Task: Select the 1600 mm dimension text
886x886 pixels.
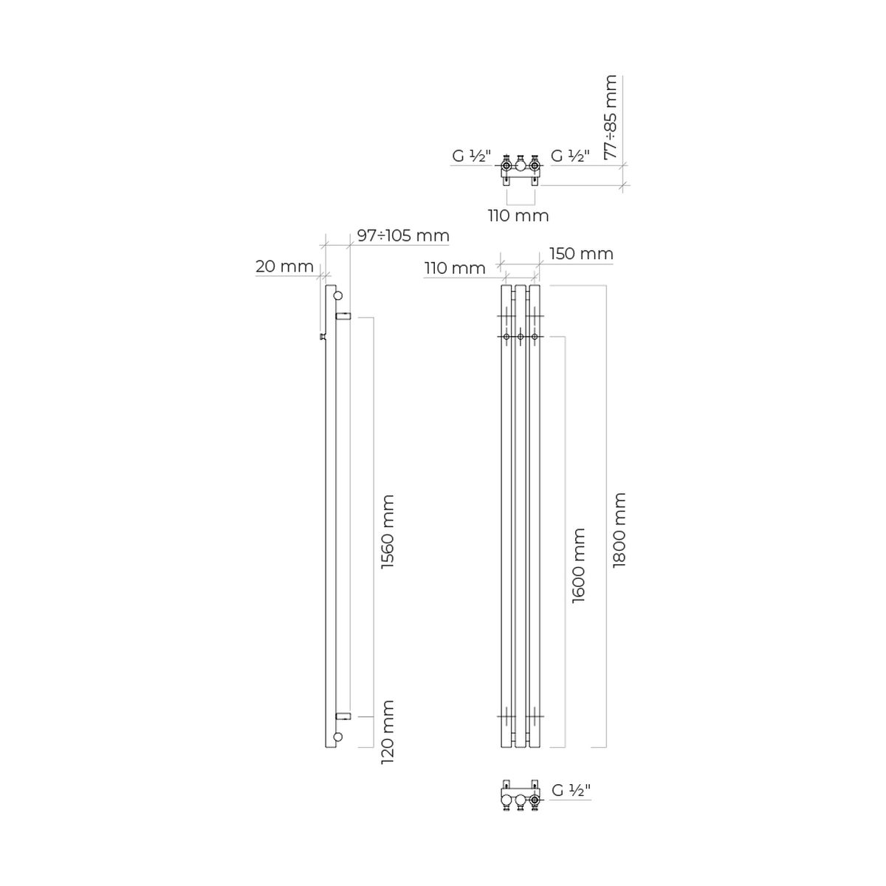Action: click(578, 565)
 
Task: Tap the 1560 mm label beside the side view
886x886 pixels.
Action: click(388, 531)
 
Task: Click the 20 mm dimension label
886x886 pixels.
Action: click(284, 267)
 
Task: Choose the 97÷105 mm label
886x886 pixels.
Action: click(403, 236)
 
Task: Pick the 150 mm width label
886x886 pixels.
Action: click(581, 253)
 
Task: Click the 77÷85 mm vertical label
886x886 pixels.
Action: click(611, 117)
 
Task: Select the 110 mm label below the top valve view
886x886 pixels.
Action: click(518, 216)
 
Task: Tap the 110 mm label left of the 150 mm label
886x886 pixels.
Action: click(456, 268)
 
